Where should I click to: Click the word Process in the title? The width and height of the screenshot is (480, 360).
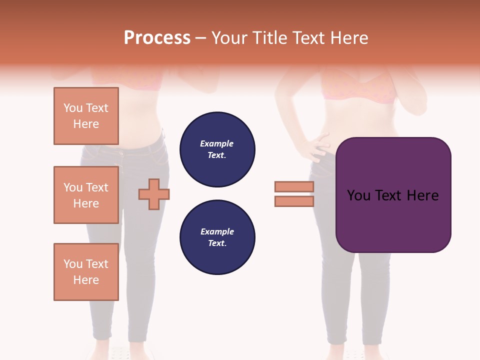click(157, 38)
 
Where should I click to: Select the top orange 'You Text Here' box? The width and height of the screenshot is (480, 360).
click(86, 116)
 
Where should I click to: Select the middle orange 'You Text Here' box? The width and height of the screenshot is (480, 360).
click(86, 195)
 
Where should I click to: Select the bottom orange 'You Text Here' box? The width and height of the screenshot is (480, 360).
click(86, 272)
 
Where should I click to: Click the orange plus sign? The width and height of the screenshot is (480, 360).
click(154, 194)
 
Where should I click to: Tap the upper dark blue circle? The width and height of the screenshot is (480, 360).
click(217, 149)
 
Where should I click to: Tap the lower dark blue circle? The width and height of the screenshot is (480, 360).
click(217, 237)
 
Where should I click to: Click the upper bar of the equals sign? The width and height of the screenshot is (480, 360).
click(294, 186)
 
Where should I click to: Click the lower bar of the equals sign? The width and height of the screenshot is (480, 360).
click(294, 201)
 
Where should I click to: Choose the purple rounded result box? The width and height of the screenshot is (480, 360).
click(393, 195)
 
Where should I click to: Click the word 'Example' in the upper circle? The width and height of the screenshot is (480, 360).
click(217, 144)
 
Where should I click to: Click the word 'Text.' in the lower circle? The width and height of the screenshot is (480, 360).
click(217, 243)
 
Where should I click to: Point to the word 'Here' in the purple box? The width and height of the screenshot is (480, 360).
click(423, 195)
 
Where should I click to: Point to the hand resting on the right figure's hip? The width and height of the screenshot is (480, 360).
click(316, 147)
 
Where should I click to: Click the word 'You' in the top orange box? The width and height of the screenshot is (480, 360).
click(73, 108)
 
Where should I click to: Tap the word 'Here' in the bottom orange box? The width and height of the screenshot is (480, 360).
click(86, 280)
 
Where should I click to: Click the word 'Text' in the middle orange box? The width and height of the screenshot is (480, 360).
click(97, 187)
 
